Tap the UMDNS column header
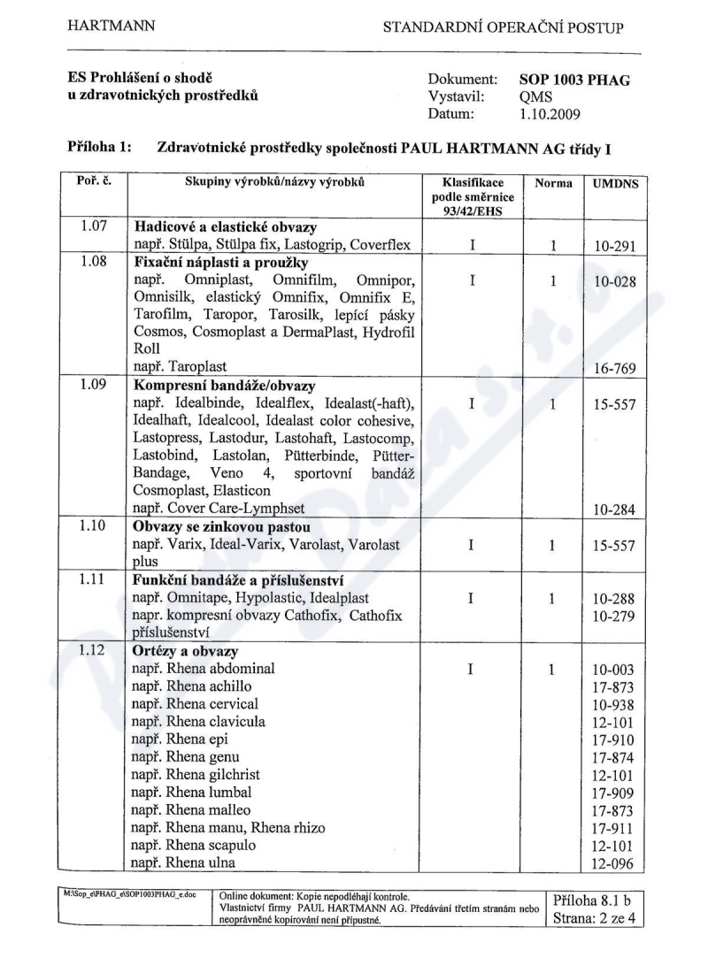click(x=612, y=183)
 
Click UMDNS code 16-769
click(x=612, y=365)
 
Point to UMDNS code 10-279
click(x=612, y=616)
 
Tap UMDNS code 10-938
click(x=612, y=704)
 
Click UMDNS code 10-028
click(x=612, y=281)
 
